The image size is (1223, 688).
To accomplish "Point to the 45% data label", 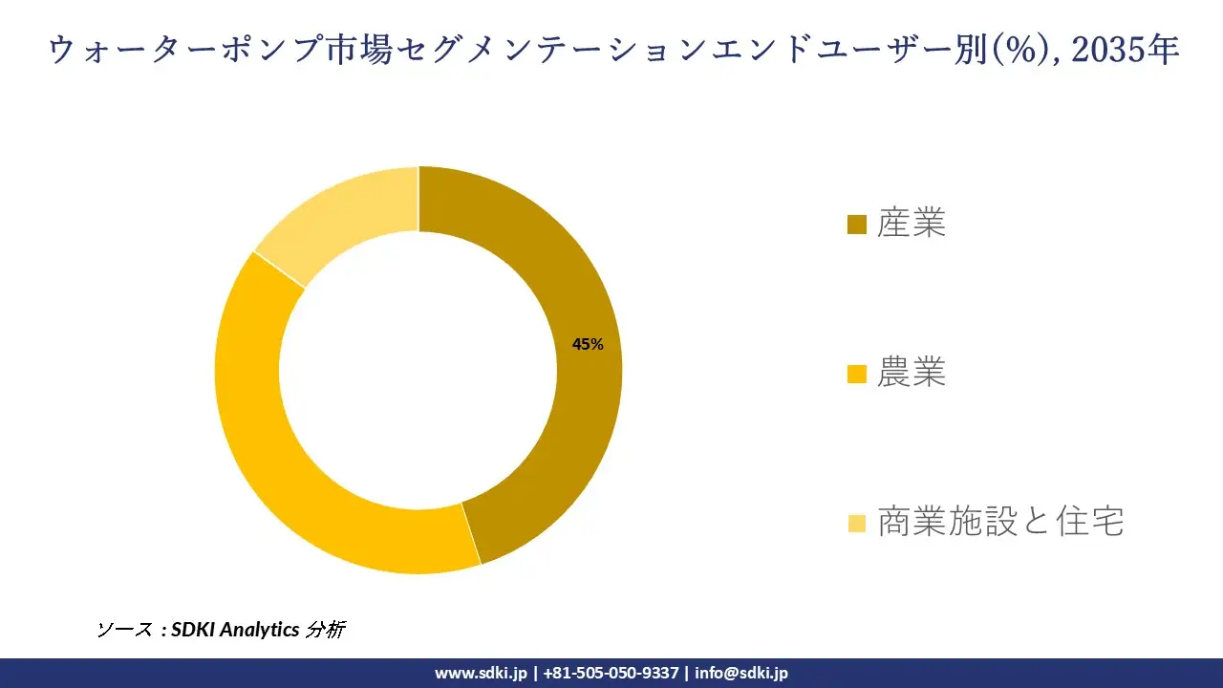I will point(588,345).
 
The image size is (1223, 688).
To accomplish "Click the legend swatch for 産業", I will point(856,225).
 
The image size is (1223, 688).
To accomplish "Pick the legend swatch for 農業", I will point(856,374).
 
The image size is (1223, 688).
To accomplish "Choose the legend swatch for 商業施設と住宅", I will point(856,523).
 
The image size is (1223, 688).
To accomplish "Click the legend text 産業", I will point(912,224).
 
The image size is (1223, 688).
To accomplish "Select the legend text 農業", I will point(912,373).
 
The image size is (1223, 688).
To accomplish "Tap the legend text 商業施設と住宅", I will point(1000,522).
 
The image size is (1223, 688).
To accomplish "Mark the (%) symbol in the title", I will point(1021,51).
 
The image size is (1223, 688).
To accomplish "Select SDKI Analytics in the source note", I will point(235,630).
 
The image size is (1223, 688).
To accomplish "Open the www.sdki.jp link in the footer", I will point(481,673).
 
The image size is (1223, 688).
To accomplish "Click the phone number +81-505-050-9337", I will point(611,673).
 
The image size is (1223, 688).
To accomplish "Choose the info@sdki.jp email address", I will point(741,673).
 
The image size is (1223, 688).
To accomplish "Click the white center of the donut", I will point(418,370).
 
